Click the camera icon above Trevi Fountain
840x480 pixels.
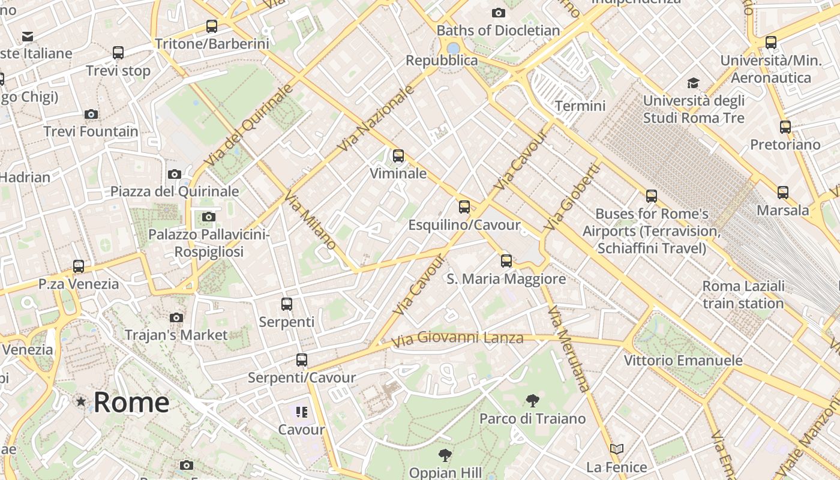coord(91,114)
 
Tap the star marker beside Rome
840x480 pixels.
coord(80,401)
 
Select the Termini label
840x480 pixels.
coord(580,106)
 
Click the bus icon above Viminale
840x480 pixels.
coord(398,156)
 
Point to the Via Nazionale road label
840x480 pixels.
coord(376,118)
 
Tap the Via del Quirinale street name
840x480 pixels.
coord(248,125)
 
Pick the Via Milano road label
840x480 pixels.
coord(310,220)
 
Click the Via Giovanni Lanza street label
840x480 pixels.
coord(457,339)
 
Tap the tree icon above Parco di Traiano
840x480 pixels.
coord(532,401)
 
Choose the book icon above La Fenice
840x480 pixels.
coord(617,449)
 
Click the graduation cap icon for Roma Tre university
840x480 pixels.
coord(693,83)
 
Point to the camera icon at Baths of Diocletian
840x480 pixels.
coord(498,13)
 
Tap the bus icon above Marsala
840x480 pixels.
coord(783,193)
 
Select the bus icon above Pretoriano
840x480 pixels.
coord(785,127)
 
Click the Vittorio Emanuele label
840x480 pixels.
coord(683,361)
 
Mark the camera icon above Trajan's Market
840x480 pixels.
coord(176,317)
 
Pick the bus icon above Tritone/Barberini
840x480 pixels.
coord(211,26)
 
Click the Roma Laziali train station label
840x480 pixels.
coord(743,295)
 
